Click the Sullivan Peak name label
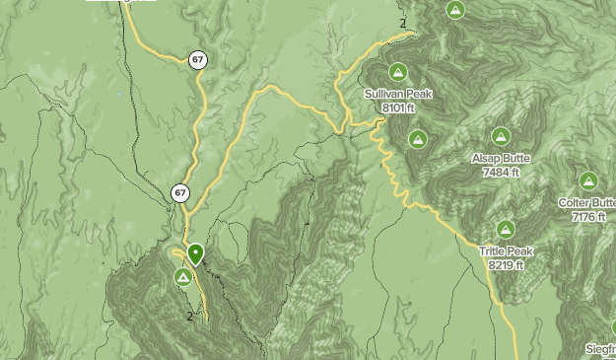click(x=398, y=94)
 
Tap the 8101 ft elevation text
click(x=398, y=107)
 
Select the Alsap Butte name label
click(x=501, y=159)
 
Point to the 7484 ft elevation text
click(x=501, y=172)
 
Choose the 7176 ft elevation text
click(x=587, y=216)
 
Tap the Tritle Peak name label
click(x=506, y=252)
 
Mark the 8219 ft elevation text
click(x=506, y=265)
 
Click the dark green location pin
click(x=196, y=254)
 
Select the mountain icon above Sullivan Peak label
click(x=398, y=71)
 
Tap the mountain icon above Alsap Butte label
click(x=501, y=137)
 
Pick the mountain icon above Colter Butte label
click(x=588, y=180)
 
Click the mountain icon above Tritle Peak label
click(x=506, y=230)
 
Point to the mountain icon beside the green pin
click(x=183, y=278)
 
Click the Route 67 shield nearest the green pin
click(x=179, y=193)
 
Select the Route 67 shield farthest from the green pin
click(x=198, y=60)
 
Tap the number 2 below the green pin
click(x=190, y=317)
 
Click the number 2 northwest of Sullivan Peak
click(x=403, y=23)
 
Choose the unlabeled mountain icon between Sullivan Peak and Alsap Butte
click(x=418, y=139)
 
